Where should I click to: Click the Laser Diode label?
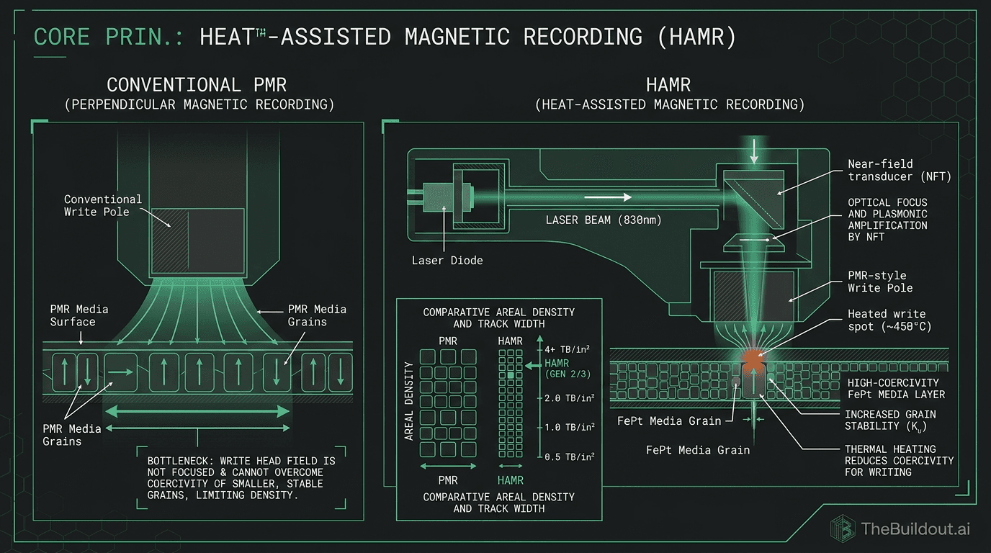point(447,260)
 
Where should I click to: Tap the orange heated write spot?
point(753,357)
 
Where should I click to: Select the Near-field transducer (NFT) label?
point(899,170)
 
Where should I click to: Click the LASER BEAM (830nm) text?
point(603,219)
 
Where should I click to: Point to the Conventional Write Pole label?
point(103,205)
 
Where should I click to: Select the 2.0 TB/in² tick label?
point(569,397)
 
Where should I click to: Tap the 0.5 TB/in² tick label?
point(569,457)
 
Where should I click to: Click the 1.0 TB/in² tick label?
point(569,427)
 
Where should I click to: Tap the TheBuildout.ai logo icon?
point(843,529)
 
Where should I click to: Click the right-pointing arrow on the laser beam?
point(608,197)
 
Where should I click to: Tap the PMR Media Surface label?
point(79,315)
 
